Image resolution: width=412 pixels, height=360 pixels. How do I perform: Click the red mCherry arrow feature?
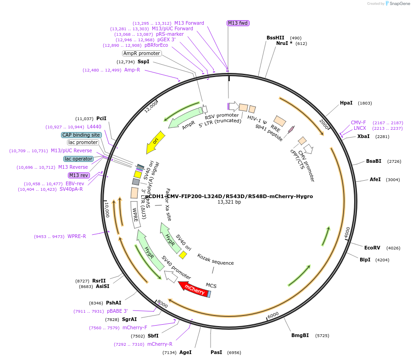[194, 289]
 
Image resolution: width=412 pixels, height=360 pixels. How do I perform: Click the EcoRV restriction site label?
[372, 248]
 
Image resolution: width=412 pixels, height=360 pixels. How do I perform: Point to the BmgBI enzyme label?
[300, 336]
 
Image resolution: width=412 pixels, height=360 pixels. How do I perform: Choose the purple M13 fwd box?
[238, 23]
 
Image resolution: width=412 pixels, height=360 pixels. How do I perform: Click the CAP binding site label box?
[81, 135]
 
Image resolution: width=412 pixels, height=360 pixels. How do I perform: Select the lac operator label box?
[78, 159]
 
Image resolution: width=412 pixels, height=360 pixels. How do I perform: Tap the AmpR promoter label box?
[142, 53]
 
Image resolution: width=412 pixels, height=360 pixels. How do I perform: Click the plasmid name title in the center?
[229, 196]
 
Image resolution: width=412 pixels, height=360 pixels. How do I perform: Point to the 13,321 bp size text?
[229, 202]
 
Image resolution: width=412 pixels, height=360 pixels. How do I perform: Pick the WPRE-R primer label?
[77, 237]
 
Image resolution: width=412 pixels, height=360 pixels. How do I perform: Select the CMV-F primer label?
[358, 122]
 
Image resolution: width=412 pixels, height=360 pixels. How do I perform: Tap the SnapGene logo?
[397, 4]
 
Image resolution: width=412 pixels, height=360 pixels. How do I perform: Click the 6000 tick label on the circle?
[273, 315]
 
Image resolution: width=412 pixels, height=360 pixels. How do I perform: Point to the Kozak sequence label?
[216, 263]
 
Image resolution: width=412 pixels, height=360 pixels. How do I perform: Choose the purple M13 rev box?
[78, 175]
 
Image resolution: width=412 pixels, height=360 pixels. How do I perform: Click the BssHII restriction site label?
[275, 38]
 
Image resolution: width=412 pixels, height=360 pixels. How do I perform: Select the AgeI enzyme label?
[185, 352]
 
